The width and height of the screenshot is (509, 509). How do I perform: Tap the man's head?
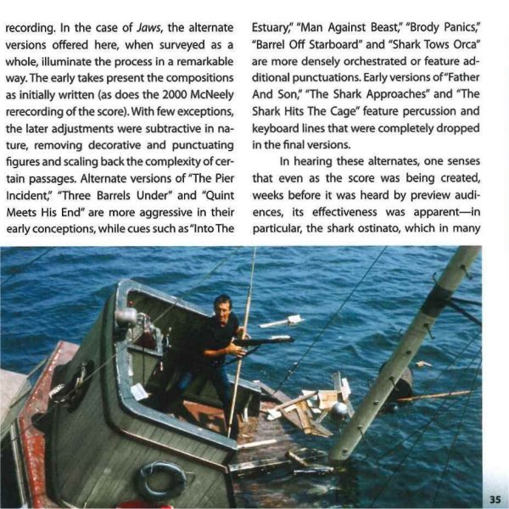pos(221,304)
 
